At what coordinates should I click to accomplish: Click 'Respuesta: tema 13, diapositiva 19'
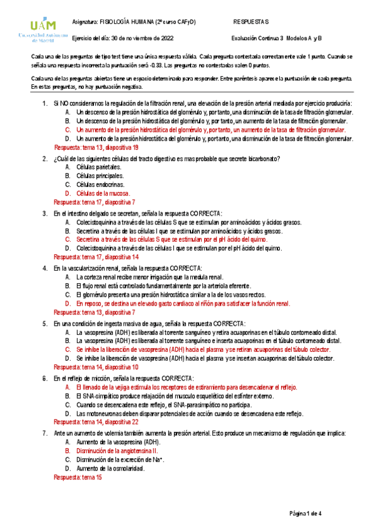(x=96, y=147)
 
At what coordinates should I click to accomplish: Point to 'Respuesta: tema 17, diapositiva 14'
(x=96, y=257)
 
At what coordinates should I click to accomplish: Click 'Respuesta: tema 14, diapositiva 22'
(x=96, y=422)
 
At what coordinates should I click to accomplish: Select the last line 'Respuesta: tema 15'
(x=78, y=477)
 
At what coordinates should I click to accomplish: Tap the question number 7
(x=45, y=432)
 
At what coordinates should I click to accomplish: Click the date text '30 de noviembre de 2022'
(x=139, y=37)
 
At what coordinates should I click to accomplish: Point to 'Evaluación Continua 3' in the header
(x=257, y=37)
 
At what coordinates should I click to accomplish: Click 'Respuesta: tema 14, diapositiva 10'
(x=96, y=367)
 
